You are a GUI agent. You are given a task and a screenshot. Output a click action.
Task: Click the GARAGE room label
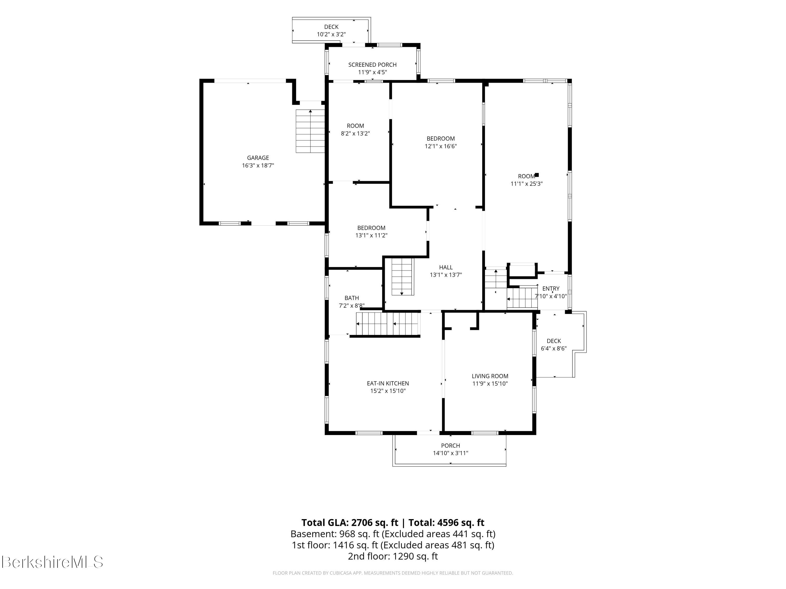[258, 158]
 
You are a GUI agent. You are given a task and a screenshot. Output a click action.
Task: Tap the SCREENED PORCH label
[372, 65]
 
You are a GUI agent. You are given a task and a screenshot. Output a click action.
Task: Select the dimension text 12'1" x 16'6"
[441, 146]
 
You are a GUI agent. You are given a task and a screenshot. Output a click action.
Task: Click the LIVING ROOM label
[490, 376]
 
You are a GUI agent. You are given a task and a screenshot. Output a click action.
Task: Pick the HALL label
[446, 267]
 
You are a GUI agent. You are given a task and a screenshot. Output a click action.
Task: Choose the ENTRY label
[551, 289]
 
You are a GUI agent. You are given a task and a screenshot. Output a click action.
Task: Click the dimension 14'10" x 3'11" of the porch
[451, 453]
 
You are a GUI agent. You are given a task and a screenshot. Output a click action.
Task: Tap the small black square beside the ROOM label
[537, 175]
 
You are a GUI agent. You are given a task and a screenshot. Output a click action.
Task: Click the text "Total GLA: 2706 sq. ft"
[350, 523]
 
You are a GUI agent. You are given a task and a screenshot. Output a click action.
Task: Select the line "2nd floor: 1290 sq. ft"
[393, 556]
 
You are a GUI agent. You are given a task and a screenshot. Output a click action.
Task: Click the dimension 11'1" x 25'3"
[526, 184]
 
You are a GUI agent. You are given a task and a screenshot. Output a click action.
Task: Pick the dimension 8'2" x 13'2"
[355, 134]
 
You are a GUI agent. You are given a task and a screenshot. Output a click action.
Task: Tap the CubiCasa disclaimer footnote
[393, 573]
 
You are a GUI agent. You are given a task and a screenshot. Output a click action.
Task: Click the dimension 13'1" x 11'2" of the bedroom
[371, 235]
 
